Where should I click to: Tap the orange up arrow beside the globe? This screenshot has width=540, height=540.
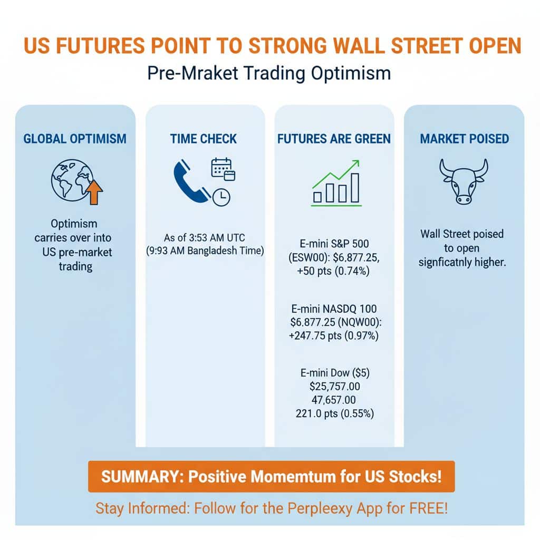coord(94,191)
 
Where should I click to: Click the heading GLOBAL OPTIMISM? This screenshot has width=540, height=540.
coord(75,139)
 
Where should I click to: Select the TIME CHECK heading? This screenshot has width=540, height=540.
coord(204,139)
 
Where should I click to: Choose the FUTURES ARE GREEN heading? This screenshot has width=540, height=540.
coord(334,139)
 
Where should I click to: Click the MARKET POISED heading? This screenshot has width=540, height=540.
coord(464,139)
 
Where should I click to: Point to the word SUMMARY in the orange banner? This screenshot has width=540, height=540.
coord(134,477)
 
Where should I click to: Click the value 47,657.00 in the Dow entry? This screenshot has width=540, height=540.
coord(334,400)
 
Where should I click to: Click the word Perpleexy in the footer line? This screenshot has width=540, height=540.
coord(322,508)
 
